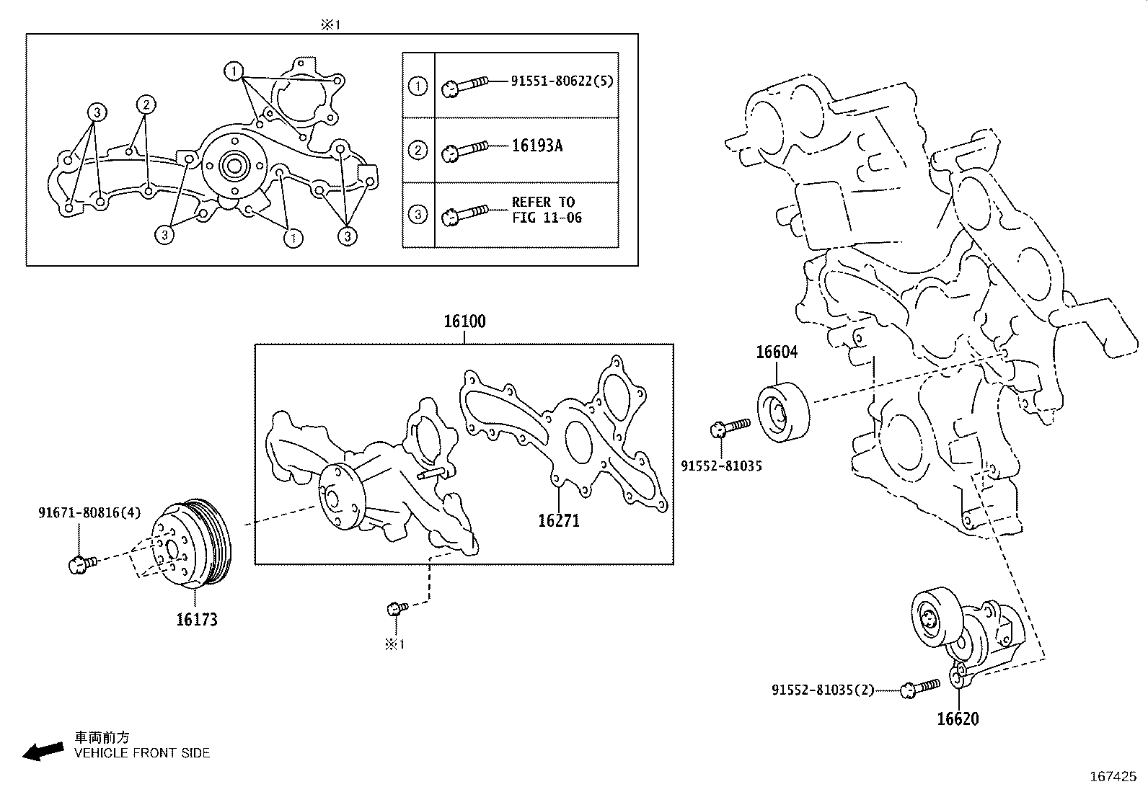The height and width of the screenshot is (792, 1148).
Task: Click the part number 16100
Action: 464,321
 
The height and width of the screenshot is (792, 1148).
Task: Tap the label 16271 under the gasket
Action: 558,520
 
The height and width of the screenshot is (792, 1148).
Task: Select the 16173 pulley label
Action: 197,619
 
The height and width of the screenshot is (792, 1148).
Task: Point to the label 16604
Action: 777,352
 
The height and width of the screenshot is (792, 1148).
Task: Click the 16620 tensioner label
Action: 958,718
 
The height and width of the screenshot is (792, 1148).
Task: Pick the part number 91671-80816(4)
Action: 89,513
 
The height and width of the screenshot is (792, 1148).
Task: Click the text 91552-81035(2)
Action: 823,690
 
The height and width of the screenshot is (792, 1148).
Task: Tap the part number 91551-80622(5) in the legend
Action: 562,81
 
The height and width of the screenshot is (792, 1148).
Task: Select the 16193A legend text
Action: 537,146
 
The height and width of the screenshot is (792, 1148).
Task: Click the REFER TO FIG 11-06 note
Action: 547,210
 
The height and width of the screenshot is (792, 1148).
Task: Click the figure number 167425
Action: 1112,777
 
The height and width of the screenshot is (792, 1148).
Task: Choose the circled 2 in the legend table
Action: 418,151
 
